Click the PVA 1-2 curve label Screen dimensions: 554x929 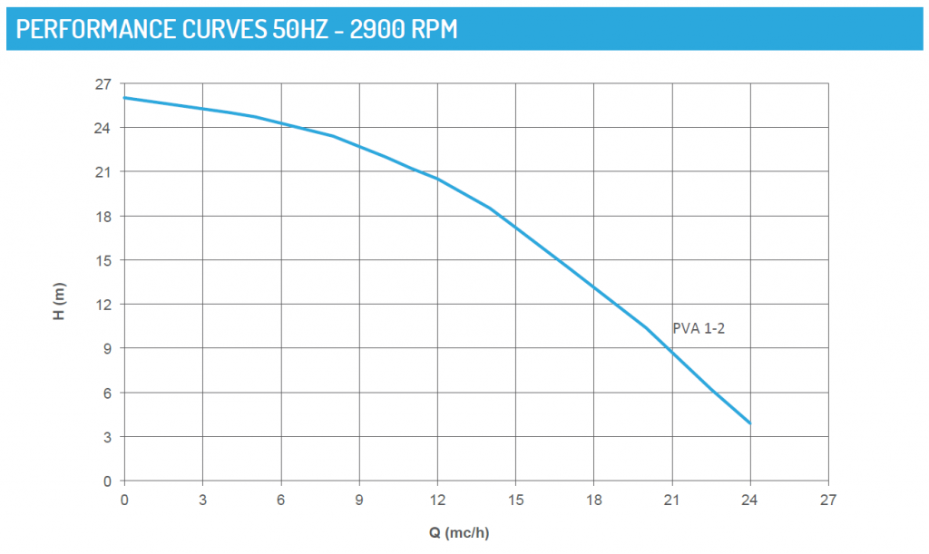(x=699, y=328)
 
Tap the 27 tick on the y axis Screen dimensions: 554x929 (x=103, y=84)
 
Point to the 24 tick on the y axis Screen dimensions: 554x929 (x=103, y=128)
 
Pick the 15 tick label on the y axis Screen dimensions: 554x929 (x=103, y=260)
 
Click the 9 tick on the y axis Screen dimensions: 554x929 (x=106, y=348)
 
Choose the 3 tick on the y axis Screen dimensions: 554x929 (x=106, y=437)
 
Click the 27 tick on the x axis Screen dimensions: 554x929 (x=827, y=499)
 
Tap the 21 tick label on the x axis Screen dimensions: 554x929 (x=671, y=499)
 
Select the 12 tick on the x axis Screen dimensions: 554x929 (x=437, y=499)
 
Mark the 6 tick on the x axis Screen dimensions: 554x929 (x=281, y=499)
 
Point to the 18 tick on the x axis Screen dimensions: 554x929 (x=593, y=499)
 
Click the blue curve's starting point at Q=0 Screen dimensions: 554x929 (x=125, y=98)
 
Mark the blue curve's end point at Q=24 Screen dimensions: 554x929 (x=749, y=423)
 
